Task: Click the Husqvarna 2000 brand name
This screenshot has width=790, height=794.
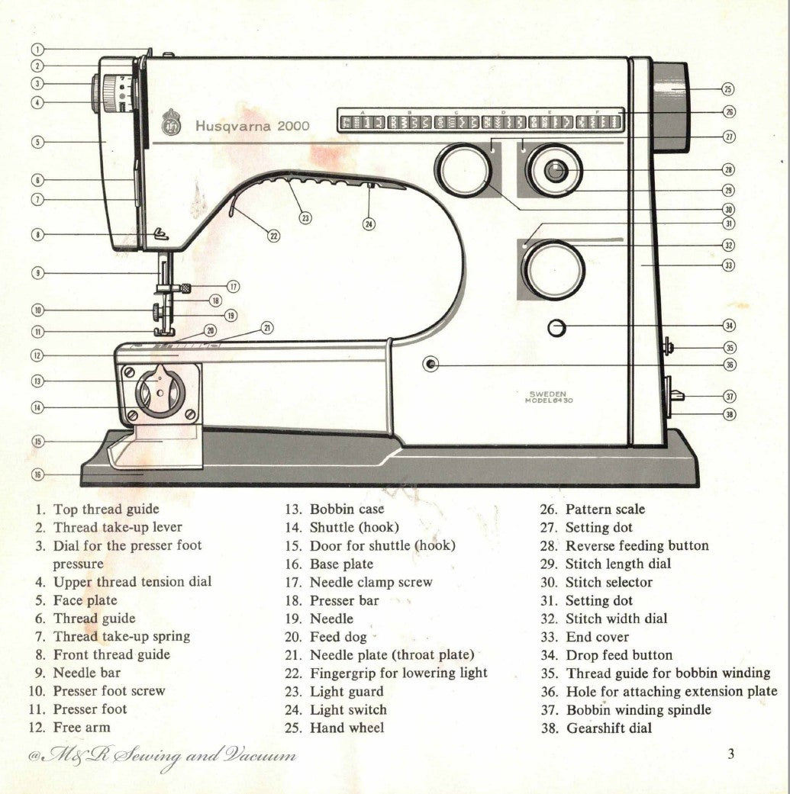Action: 252,126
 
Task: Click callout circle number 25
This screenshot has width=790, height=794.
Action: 728,89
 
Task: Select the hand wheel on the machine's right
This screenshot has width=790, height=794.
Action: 670,107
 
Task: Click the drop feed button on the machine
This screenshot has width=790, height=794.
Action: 558,328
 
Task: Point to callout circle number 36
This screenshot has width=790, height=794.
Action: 730,365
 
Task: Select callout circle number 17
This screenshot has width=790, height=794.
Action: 233,287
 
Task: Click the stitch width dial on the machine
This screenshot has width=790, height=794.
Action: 553,270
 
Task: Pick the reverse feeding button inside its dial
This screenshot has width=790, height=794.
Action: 556,171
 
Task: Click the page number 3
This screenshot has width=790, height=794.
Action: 730,754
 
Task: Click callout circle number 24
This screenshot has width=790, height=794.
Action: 369,224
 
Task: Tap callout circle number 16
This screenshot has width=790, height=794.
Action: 37,474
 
